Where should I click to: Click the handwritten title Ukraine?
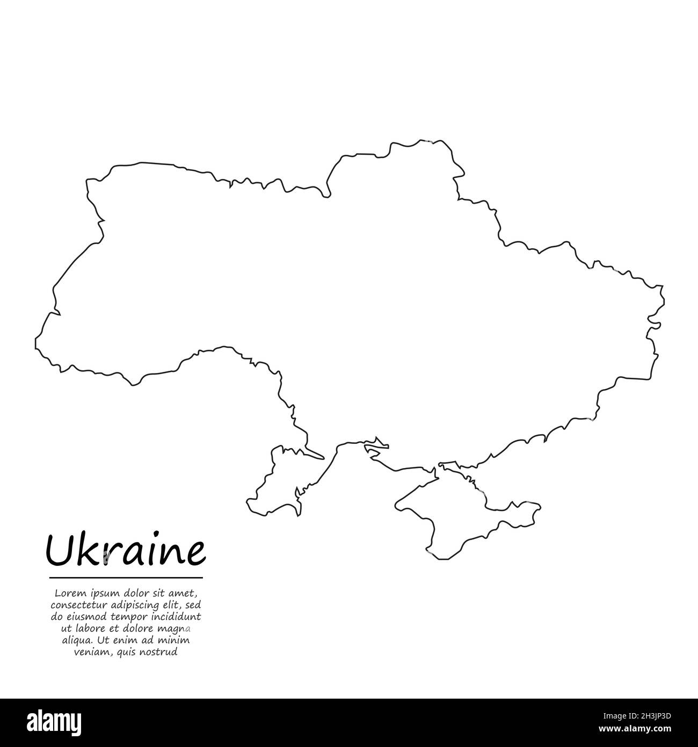126,550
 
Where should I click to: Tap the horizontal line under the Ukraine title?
126,578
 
